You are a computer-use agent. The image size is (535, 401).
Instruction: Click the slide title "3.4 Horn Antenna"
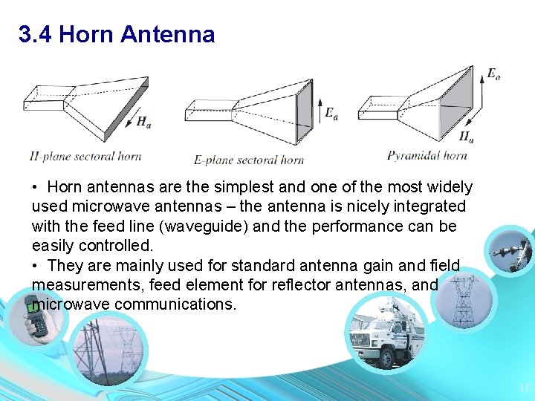coord(117,34)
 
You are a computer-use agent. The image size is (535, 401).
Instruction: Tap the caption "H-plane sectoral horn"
coord(85,156)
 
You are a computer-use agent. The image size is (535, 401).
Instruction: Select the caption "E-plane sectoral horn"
coord(249,160)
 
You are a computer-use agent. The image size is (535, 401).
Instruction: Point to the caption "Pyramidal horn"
coord(427,155)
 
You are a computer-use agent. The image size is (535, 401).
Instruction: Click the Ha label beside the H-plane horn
coord(144,123)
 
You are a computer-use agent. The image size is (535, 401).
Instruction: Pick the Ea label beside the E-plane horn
coord(331,114)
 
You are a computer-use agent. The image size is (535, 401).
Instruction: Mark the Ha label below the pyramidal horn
coord(466,137)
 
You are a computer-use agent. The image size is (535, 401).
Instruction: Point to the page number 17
coord(524,388)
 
